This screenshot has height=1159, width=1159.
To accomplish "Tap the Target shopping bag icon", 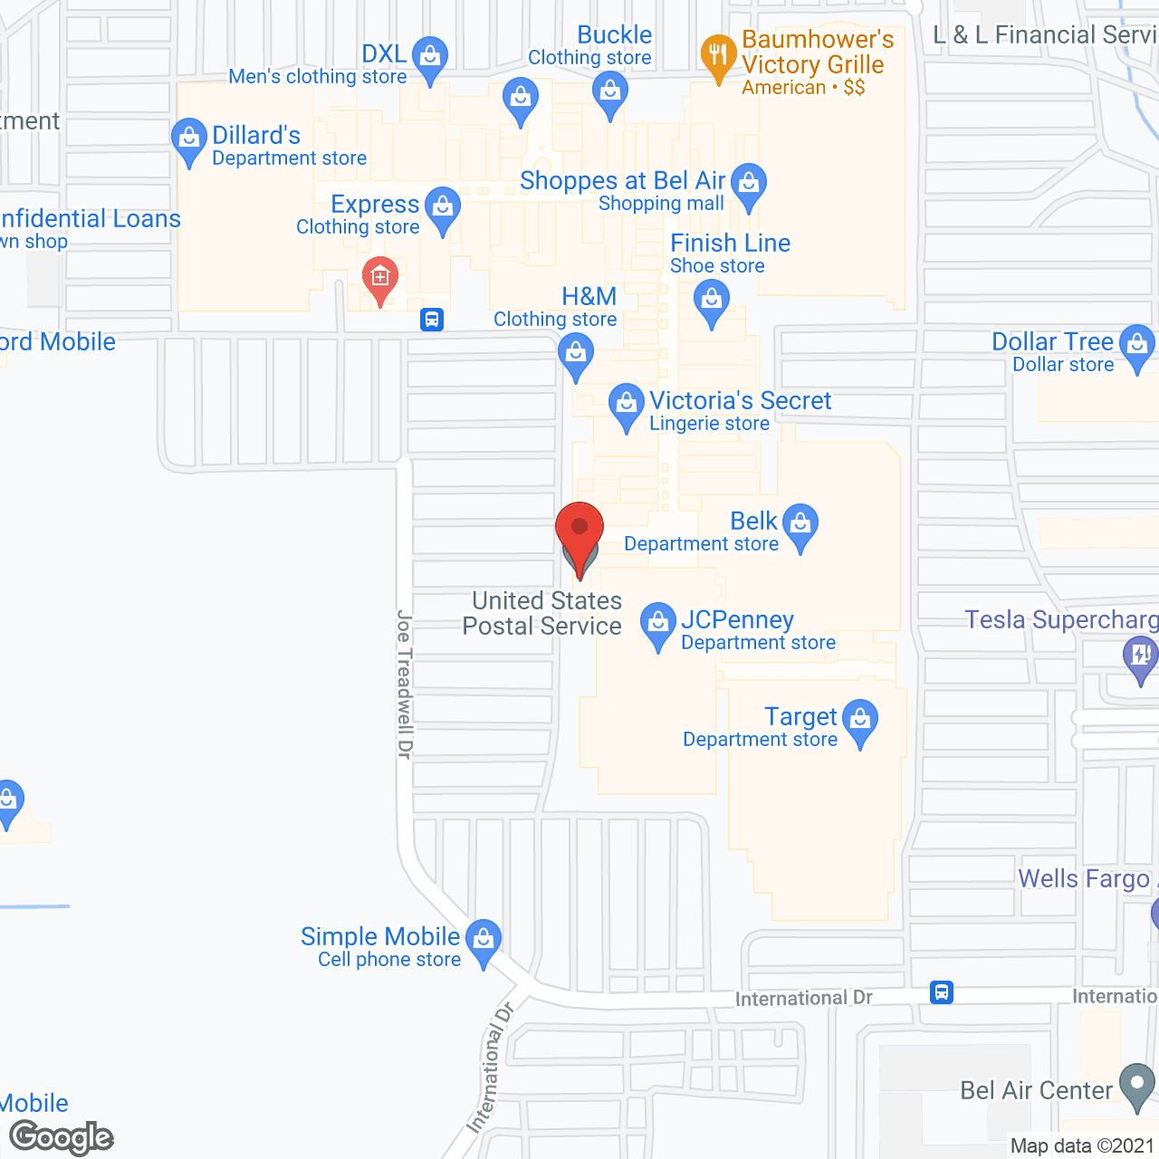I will point(860,721).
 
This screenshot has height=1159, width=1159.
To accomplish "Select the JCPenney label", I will point(737,620).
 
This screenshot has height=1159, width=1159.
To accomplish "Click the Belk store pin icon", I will point(800,524).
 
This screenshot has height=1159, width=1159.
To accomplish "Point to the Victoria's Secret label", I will point(740,401).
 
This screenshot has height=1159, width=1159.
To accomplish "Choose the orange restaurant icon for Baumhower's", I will point(718,55).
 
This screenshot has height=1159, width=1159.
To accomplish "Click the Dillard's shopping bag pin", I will point(188,139).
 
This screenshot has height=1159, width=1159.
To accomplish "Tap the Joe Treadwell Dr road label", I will point(405,685).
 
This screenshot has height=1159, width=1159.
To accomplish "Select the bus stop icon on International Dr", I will point(942,992).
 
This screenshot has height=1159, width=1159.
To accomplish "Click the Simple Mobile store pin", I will point(484,940).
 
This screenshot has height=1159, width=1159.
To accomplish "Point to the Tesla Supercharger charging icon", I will point(1140,656).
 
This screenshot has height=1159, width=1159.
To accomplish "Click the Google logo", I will point(62,1137).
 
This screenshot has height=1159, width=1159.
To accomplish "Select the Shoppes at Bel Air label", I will point(623,181).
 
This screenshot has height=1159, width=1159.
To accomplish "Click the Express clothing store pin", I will point(443,207).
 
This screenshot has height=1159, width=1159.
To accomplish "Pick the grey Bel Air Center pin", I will point(1137,1084).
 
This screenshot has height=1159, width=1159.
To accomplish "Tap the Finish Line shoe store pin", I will point(712,300).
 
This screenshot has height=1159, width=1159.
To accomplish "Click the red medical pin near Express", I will point(380,278).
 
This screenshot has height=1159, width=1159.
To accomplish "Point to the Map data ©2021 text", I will point(1083,1145).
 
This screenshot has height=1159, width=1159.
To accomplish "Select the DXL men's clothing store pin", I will point(430,57).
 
